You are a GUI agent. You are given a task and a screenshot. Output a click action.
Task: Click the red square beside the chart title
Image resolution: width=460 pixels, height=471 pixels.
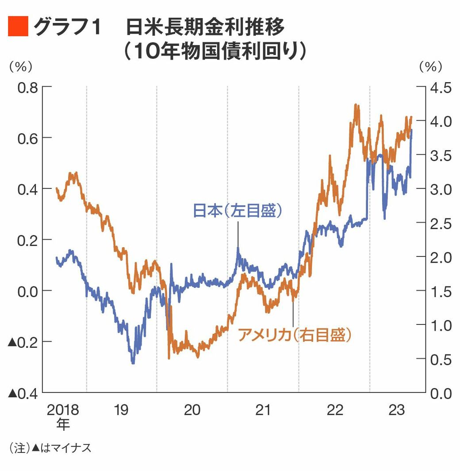click(18, 27)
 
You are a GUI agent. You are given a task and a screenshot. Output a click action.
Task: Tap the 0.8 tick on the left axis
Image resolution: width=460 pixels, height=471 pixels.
click(27, 87)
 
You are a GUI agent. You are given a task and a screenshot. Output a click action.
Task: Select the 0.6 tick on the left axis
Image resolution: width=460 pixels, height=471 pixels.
click(27, 138)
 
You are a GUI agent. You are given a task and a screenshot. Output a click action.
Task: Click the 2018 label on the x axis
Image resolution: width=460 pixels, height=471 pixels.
click(63, 410)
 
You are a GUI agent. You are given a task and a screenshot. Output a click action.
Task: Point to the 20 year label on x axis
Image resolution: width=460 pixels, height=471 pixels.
click(192, 410)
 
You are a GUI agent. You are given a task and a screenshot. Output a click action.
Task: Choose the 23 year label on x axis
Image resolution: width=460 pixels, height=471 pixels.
click(396, 410)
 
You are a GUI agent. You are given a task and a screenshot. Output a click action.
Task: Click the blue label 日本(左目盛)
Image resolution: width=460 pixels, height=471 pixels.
click(238, 211)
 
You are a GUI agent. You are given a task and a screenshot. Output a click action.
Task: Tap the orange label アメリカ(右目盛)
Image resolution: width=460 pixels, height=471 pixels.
click(295, 335)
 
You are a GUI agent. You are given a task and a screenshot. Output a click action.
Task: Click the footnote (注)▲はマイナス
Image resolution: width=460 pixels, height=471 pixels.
click(50, 448)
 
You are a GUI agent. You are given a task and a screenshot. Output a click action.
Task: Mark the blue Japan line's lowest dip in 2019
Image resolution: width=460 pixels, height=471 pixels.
click(133, 363)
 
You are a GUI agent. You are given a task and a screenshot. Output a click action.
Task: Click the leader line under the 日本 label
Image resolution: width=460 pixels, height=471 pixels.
click(238, 234)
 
